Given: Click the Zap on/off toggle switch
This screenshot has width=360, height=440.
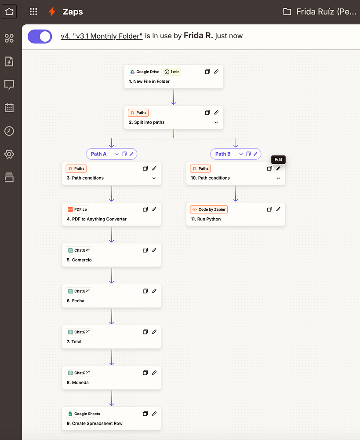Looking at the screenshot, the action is point(40,37).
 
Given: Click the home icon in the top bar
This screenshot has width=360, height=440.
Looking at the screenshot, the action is point(9,11).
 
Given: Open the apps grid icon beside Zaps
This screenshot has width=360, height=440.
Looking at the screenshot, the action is point(33,11).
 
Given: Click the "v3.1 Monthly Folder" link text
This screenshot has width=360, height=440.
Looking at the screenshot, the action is point(102,36).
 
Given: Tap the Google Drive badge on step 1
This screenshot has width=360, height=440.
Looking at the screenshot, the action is point(145,72).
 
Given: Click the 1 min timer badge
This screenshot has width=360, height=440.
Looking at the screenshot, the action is point(172,72).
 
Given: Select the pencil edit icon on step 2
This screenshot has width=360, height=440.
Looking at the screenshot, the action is point(216,113).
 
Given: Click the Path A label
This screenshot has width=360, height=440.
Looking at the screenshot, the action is point(99,154).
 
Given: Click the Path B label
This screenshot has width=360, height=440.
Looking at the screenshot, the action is point(223,154).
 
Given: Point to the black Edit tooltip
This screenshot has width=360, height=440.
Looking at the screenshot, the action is point(278,160).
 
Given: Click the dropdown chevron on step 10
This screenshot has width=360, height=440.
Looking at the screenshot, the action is point(278,178).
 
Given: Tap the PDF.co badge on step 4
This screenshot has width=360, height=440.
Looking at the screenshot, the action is point(77,209).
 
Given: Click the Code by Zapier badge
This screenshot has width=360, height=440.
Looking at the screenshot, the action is point(209,209).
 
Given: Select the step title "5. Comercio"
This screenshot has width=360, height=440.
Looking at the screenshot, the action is point(79,260).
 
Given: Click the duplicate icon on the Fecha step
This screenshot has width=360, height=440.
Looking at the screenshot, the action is point(145,291).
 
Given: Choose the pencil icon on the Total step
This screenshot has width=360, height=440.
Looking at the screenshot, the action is point(154,332).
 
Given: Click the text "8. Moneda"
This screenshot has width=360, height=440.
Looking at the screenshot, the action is point(78,382).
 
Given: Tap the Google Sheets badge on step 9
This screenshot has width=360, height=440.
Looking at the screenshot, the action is point(84,414).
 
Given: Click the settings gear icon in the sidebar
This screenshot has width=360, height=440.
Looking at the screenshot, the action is point(9,154).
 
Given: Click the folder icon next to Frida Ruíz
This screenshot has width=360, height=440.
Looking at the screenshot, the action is point(287,11).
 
